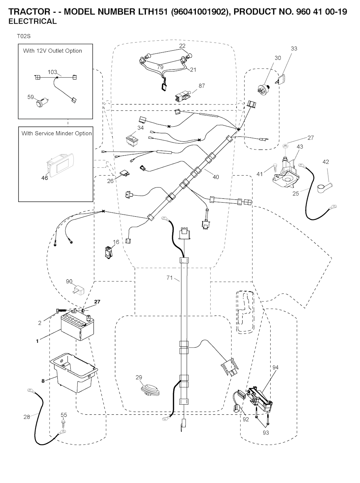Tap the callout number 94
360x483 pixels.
pyautogui.click(x=275, y=367)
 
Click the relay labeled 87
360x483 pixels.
pyautogui.click(x=182, y=95)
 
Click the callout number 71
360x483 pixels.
pyautogui.click(x=169, y=278)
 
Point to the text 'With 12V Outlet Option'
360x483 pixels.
pyautogui.click(x=52, y=51)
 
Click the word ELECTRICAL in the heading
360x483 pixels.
pyautogui.click(x=32, y=21)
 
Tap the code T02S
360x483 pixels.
pyautogui.click(x=23, y=36)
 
